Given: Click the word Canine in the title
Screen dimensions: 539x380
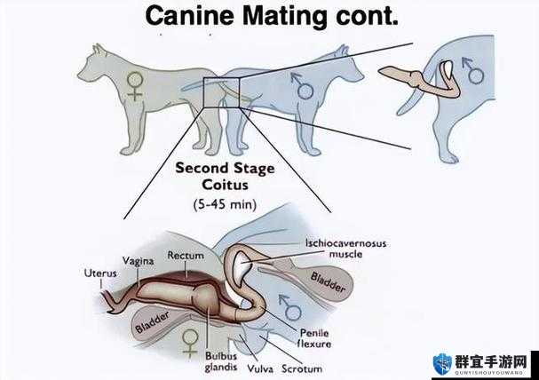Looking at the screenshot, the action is (x=190, y=16).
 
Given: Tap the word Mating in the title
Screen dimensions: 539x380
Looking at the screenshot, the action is (x=285, y=17).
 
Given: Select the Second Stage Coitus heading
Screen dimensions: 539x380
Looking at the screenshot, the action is (x=226, y=177).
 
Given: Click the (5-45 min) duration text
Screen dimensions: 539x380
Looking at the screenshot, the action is (x=226, y=204).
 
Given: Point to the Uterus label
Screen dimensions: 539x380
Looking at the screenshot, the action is (x=100, y=273).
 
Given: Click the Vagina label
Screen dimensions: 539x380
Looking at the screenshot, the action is (x=139, y=261).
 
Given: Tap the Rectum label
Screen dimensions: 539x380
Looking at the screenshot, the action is (x=186, y=256).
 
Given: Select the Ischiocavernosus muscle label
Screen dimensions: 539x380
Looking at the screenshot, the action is (x=345, y=249).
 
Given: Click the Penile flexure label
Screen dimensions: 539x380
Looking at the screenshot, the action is (x=314, y=338).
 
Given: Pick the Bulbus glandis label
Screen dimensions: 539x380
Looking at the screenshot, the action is (x=221, y=361).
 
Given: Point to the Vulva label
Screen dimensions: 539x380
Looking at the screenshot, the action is (x=260, y=369).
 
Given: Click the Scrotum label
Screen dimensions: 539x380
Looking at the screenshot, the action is (x=302, y=369).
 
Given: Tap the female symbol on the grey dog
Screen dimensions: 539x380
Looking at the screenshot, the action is (x=135, y=85).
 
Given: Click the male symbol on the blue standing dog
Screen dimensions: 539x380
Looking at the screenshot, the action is (x=303, y=86).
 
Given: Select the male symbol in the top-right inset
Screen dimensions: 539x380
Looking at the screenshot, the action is (x=473, y=71).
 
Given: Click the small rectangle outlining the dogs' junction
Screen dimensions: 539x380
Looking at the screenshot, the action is (x=203, y=92).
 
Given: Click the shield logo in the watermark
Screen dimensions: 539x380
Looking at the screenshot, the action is (x=442, y=363).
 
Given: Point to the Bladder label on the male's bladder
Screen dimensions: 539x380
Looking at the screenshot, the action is (x=328, y=282).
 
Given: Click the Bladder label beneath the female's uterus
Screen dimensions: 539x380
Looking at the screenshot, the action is (x=152, y=322).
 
